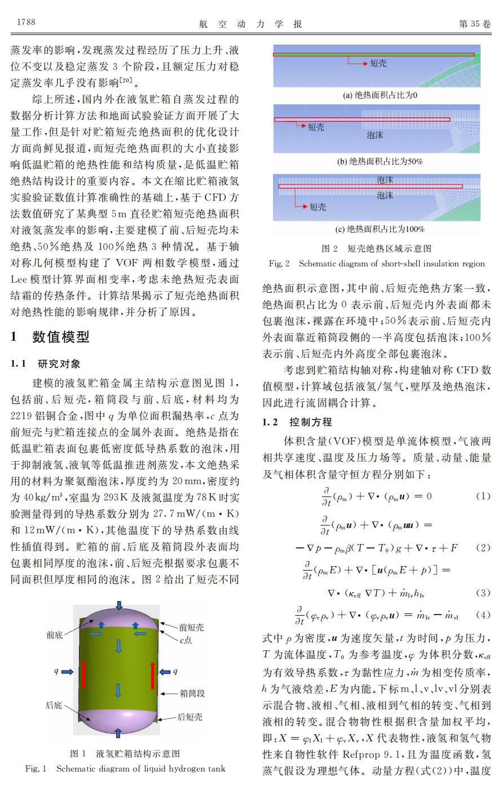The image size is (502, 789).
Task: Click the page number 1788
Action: coord(26,23)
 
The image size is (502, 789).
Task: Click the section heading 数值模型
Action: coord(60,337)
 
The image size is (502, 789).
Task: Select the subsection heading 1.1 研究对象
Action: coord(46,364)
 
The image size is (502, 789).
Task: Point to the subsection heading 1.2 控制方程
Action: coord(297,422)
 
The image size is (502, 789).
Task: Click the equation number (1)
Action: coord(483,496)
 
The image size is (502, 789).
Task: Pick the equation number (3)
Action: coord(483,593)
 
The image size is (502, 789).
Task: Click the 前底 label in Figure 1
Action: coord(55,635)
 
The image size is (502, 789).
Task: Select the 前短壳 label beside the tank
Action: coord(192,627)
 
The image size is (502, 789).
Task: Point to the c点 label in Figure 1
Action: coord(186,641)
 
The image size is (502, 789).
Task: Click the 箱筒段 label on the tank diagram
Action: coord(192,693)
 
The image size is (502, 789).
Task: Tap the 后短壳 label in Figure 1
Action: coord(190,717)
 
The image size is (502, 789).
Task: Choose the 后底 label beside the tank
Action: coord(54,705)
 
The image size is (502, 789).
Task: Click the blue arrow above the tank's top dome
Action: coord(118,605)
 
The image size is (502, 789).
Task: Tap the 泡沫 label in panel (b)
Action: coord(375,135)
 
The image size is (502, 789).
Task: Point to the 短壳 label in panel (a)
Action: coord(378,64)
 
